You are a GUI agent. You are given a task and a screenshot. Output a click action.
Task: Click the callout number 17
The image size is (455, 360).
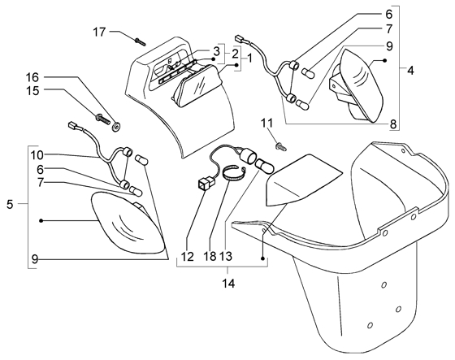click(99, 32)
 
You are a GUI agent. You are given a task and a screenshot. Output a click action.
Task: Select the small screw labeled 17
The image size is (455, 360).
click(140, 42)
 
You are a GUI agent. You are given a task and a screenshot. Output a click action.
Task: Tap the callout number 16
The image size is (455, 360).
click(32, 77)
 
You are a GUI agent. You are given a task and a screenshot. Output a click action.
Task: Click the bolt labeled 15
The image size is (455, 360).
click(102, 119)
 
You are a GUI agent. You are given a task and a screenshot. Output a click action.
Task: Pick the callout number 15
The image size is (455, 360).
click(32, 91)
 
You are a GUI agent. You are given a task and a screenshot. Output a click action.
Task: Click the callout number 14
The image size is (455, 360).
click(228, 283)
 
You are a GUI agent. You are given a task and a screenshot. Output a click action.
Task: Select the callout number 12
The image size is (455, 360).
click(188, 256)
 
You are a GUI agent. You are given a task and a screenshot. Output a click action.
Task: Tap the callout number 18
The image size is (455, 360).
click(210, 256)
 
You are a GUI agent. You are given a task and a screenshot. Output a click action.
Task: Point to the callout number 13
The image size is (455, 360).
click(226, 256)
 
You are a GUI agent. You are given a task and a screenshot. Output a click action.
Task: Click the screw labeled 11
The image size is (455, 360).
click(281, 146)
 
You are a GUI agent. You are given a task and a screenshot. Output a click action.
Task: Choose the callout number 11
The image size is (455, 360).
click(267, 124)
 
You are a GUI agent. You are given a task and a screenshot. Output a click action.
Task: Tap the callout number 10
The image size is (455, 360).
click(37, 155)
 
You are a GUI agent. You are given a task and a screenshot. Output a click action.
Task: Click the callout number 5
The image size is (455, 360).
click(10, 205)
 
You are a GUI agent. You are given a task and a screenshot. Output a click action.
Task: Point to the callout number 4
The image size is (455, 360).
click(410, 70)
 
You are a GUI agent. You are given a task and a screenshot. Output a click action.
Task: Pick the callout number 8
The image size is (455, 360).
click(393, 124)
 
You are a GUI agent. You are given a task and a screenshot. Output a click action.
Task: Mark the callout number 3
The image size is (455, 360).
click(216, 52)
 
